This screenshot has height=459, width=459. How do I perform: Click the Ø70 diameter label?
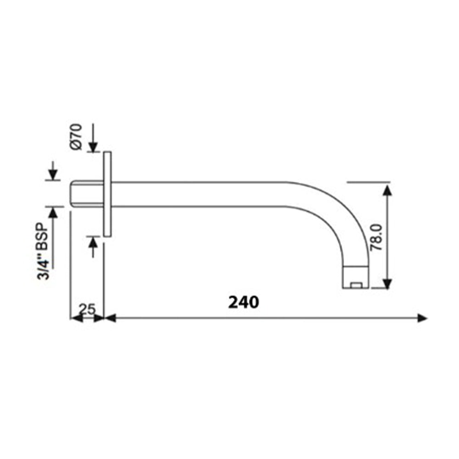[77, 136]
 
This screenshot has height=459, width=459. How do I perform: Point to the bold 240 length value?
[244, 302]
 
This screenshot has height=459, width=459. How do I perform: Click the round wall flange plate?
[107, 194]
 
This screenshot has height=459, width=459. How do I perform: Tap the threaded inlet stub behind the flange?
[87, 194]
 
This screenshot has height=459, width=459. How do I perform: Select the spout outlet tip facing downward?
[356, 278]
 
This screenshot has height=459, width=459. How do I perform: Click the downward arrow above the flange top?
[93, 146]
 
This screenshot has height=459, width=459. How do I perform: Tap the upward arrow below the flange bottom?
[93, 241]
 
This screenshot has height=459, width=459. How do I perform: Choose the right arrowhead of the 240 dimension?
[421, 318]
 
